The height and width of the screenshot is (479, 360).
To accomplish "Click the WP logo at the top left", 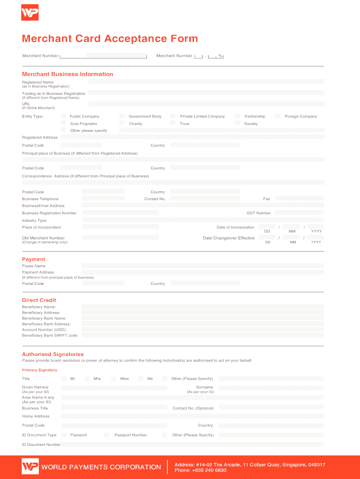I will [x=30, y=13].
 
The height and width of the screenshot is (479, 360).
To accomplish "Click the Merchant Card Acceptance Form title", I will [x=110, y=39].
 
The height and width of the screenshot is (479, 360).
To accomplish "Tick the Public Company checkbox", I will [x=63, y=116].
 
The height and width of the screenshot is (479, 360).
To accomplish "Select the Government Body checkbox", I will [x=122, y=116].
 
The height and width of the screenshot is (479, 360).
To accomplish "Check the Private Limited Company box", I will [x=173, y=116].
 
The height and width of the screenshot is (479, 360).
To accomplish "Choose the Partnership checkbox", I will [x=238, y=116].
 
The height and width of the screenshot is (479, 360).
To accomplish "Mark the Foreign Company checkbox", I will [x=278, y=116].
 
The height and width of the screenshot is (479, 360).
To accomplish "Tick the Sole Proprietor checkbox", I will [x=63, y=123].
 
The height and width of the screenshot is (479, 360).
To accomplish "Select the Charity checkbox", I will [x=122, y=123].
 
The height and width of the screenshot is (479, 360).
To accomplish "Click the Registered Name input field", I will [x=206, y=81].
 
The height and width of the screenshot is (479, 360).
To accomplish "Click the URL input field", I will [x=206, y=104].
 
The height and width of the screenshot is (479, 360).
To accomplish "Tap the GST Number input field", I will [x=299, y=213].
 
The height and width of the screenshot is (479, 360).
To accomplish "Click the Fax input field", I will [x=299, y=199].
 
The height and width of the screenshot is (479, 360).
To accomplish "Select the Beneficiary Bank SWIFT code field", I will [x=202, y=335].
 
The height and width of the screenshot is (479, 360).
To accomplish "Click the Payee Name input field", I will [x=202, y=266].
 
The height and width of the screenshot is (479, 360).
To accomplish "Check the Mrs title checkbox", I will [x=87, y=378].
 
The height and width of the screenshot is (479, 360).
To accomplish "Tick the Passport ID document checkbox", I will [x=64, y=435].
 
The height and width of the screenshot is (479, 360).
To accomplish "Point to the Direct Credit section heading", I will [x=39, y=300].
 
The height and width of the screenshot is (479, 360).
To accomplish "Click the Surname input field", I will [x=271, y=388].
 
